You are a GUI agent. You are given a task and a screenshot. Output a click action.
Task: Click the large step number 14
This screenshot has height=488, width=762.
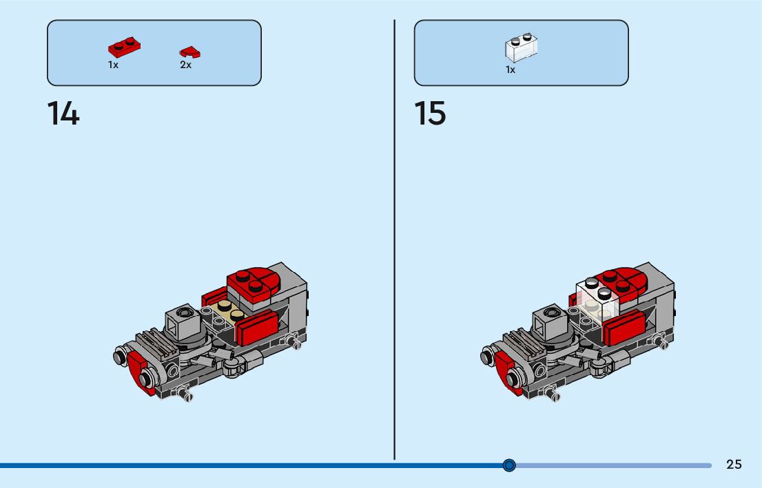[x=63, y=114]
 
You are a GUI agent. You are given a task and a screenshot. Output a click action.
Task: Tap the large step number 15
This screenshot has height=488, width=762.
[x=430, y=114]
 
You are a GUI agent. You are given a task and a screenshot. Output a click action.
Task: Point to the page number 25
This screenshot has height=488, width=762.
[x=734, y=465]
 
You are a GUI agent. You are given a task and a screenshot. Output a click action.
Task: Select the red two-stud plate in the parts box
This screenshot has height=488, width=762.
[x=124, y=47]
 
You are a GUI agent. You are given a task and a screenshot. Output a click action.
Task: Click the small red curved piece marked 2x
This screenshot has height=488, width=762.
[x=189, y=52]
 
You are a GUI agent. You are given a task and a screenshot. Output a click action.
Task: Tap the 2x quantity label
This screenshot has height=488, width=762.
[x=185, y=65]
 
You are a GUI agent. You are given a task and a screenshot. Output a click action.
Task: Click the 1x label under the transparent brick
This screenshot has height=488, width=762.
[x=511, y=70]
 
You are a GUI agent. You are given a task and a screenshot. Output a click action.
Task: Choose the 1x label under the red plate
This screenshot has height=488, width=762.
[x=113, y=65]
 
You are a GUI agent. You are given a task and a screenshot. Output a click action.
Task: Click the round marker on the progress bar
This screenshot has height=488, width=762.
[x=509, y=465]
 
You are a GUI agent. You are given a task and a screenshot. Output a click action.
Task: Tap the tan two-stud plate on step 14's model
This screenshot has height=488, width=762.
[x=229, y=312]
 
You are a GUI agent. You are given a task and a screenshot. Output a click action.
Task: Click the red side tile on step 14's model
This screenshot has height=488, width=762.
[x=256, y=328]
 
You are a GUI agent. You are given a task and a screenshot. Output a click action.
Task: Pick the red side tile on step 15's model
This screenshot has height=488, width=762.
[x=624, y=328]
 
